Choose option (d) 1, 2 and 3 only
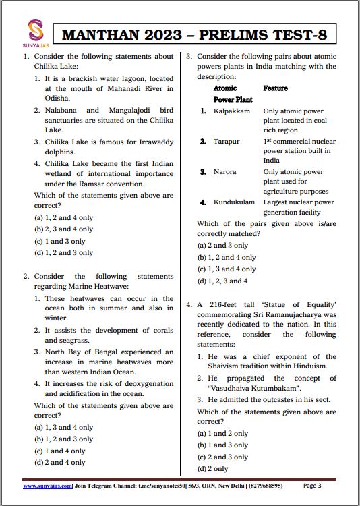pos(63,252)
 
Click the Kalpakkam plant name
pos(232,111)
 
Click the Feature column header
pos(275,88)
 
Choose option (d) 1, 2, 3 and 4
pos(222,281)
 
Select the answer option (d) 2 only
pos(212,468)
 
